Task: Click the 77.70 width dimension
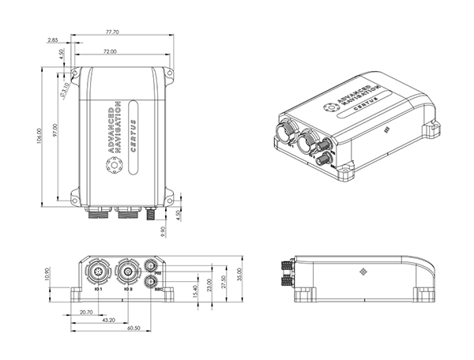click(111, 32)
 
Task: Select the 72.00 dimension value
click(109, 51)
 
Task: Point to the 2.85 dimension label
click(53, 39)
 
